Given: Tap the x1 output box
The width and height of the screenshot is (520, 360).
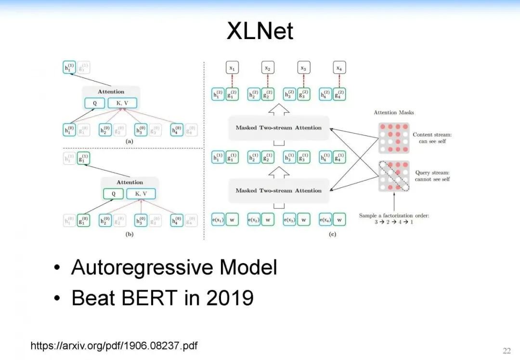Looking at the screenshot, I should tap(232, 68).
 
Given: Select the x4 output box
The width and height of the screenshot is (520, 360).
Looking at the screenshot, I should tap(339, 68).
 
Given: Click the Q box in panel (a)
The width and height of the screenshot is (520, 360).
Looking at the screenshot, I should tap(94, 103).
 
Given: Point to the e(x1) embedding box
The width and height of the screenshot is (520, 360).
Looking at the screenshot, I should tap(218, 220).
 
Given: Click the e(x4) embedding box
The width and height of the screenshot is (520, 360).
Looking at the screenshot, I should tap(326, 220).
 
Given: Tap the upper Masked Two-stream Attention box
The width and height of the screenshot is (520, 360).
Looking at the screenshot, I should tap(278, 128).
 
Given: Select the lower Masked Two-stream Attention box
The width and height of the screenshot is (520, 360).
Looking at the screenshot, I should tap(278, 190).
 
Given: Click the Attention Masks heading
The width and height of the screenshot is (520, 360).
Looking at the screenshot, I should tap(394, 112).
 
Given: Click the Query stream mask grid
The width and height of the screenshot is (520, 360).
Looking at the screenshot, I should tap(394, 176).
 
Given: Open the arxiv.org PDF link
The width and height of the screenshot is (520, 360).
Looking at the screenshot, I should tap(114, 346).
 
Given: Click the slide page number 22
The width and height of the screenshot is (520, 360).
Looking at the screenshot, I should tap(507, 350).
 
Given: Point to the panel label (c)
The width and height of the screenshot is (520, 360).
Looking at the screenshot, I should tap(332, 234).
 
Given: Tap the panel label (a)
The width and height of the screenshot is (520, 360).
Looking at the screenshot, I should tap(129, 142).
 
